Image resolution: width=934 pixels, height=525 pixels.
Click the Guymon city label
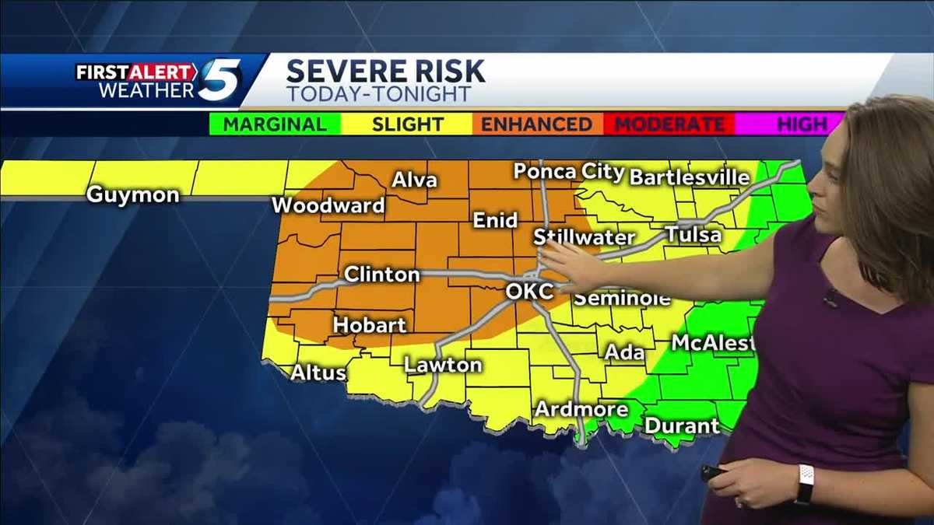pos(132,194)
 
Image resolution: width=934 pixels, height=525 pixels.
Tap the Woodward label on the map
pos(328,206)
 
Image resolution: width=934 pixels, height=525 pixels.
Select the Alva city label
pos(414,180)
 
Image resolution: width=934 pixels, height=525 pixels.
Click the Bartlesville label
pos(690,177)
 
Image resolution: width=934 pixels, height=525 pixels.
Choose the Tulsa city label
pos(693,235)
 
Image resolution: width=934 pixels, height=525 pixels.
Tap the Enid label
pos(496,221)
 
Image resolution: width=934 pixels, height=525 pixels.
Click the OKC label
pos(529,292)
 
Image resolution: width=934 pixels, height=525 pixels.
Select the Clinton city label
pos(381,275)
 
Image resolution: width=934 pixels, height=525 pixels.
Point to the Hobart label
pos(370,324)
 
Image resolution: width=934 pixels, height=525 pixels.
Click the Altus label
pos(318,373)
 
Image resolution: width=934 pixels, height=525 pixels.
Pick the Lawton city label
pos(443,365)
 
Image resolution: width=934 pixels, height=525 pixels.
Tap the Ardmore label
pos(570,409)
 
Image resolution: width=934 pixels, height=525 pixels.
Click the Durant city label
pos(682,425)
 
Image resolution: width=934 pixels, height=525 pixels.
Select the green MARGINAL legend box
pos(276,124)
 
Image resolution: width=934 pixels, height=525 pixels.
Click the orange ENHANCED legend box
pos(536,124)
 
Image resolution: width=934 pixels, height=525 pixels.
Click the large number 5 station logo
pos(219,80)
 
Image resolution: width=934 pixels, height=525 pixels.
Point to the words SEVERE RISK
pos(386,72)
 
